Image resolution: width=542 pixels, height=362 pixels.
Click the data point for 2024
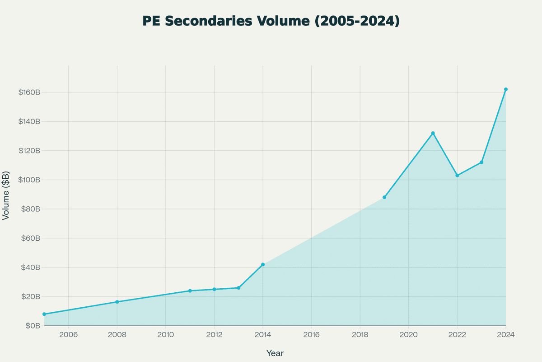pyautogui.click(x=506, y=89)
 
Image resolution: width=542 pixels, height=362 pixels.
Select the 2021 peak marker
pyautogui.click(x=433, y=133)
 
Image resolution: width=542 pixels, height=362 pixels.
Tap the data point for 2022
pyautogui.click(x=457, y=175)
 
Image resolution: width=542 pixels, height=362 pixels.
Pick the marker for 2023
pyautogui.click(x=481, y=162)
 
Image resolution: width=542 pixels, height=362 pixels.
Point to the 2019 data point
pyautogui.click(x=384, y=197)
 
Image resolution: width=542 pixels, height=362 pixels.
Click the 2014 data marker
pyautogui.click(x=263, y=264)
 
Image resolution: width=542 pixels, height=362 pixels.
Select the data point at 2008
pyautogui.click(x=117, y=302)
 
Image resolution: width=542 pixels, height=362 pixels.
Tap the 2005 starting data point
pyautogui.click(x=44, y=314)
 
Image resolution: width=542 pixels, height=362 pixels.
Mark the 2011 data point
pyautogui.click(x=190, y=291)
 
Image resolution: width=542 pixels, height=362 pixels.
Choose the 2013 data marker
pyautogui.click(x=238, y=288)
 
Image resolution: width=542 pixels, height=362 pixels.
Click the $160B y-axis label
pyautogui.click(x=30, y=92)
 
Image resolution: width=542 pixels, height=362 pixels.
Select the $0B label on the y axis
pyautogui.click(x=34, y=326)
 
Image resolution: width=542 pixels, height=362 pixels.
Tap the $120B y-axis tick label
pyautogui.click(x=30, y=151)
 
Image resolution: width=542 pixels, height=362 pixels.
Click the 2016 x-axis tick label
pyautogui.click(x=311, y=335)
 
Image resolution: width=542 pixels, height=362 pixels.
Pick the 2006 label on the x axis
pyautogui.click(x=69, y=335)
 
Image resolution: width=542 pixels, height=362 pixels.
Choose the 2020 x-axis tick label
pyautogui.click(x=408, y=335)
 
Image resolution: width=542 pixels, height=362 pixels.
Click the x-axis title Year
pyautogui.click(x=275, y=353)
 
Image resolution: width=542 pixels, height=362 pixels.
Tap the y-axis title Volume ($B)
pyautogui.click(x=6, y=195)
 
